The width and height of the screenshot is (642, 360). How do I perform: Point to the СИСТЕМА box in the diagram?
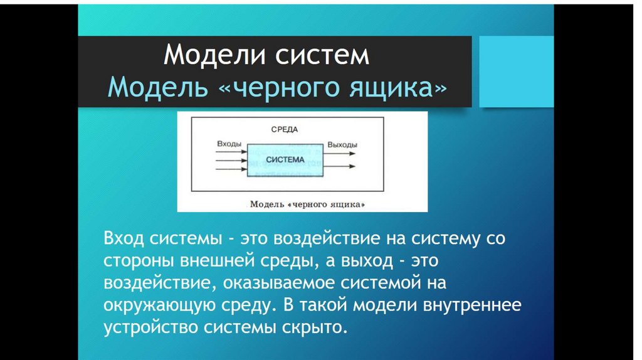(x=285, y=159)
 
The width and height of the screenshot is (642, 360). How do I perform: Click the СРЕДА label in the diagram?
(x=284, y=130)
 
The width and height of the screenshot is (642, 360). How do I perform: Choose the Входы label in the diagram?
(x=229, y=144)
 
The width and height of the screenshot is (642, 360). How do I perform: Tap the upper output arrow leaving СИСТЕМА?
(x=340, y=152)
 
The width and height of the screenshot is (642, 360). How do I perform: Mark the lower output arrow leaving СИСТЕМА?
(x=340, y=167)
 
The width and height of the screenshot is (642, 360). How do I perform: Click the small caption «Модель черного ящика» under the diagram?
(x=307, y=204)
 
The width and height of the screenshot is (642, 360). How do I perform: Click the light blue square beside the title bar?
(x=516, y=71)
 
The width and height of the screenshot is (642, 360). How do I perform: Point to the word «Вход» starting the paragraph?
(x=124, y=239)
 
